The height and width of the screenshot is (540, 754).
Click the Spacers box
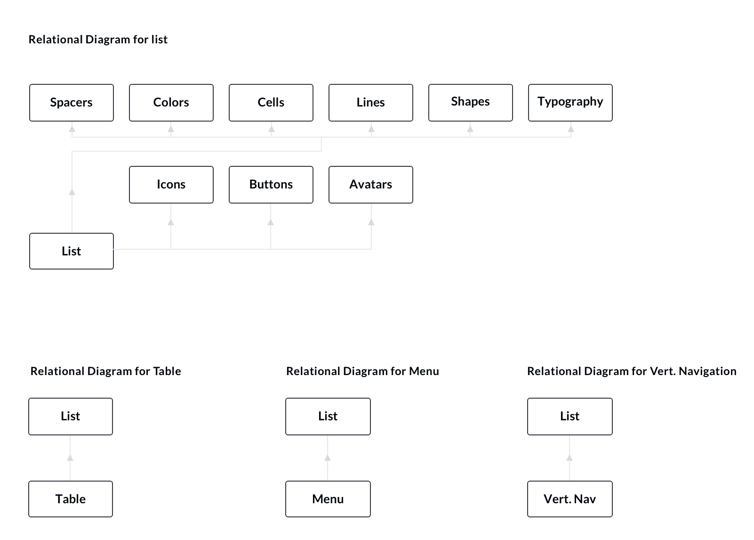[x=72, y=103]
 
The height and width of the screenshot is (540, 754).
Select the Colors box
[x=171, y=103]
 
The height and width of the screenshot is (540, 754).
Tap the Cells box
[x=271, y=103]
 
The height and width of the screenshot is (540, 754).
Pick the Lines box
[x=371, y=103]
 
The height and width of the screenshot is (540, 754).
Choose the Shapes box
[x=471, y=103]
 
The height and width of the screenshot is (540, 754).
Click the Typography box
[x=570, y=103]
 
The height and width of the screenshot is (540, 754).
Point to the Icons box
[x=171, y=185]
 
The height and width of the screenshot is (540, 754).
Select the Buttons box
[x=271, y=185]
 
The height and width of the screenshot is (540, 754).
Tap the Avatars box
[x=371, y=185]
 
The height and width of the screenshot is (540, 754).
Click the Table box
[x=71, y=499]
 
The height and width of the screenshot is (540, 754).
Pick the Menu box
[x=328, y=499]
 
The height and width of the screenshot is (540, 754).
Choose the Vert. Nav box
[x=570, y=499]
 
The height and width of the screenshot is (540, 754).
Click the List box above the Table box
[x=71, y=417]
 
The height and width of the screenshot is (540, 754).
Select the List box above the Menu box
[x=328, y=417]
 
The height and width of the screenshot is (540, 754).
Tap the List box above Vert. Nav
[x=570, y=417]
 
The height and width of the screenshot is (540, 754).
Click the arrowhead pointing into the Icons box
[x=171, y=222]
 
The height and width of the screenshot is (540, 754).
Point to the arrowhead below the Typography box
[x=571, y=129]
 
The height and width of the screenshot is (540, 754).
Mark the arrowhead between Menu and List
[x=328, y=458]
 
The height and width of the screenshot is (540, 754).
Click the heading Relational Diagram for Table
[x=105, y=371]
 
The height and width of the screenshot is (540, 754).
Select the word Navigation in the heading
[x=707, y=371]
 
